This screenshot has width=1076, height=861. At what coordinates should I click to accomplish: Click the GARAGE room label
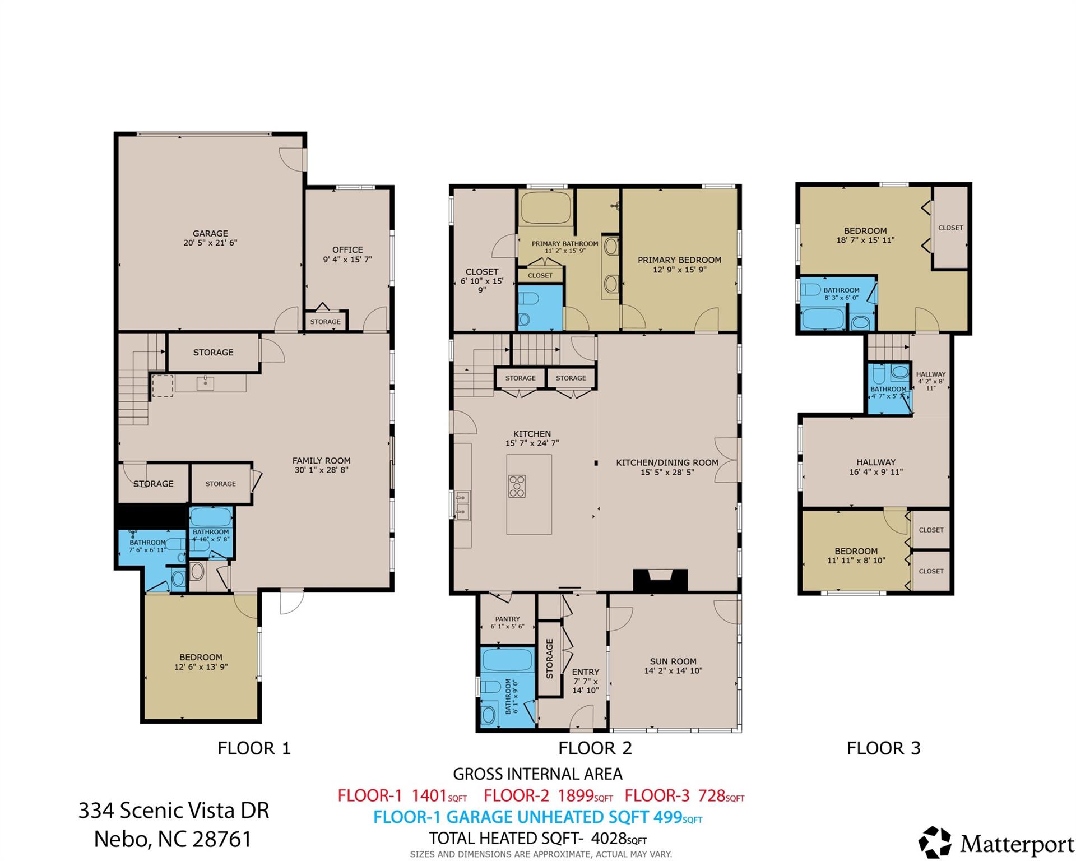coord(210,233)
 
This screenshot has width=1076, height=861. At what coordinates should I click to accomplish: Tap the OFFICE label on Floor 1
coord(347,250)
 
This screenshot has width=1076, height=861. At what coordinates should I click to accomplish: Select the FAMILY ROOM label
coord(321,461)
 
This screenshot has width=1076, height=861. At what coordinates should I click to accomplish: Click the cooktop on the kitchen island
coord(517,486)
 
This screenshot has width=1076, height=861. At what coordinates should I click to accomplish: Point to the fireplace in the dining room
coord(660,580)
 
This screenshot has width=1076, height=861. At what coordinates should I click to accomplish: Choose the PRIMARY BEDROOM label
coord(679,260)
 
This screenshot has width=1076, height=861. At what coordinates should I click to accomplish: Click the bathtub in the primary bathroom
coord(545,209)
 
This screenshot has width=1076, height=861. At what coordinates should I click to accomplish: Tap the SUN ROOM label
coord(673,661)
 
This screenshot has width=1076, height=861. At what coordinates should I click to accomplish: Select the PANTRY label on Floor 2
coord(507,619)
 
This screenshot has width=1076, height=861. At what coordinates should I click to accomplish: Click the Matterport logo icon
coord(935,842)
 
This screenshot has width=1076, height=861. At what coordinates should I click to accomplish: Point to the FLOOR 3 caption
coord(883,748)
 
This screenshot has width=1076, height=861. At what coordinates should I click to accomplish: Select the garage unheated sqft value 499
coord(668,817)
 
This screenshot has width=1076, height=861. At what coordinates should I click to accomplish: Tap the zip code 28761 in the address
coord(222,839)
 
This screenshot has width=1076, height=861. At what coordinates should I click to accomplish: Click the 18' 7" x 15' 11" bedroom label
coord(865,235)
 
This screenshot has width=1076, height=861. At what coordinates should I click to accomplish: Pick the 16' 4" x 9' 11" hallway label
coord(876,467)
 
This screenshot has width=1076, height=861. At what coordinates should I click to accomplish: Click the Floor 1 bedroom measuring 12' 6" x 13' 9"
coord(201,662)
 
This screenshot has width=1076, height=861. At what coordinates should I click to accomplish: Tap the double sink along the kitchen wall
coord(462,504)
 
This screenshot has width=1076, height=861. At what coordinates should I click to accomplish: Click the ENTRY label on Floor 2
coord(586,672)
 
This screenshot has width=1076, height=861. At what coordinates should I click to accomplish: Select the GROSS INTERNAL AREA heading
coord(537,774)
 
